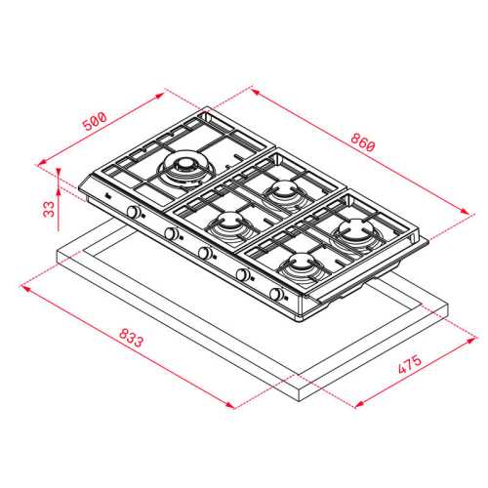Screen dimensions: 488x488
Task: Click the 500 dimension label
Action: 95,121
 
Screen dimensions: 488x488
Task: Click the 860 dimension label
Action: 363,142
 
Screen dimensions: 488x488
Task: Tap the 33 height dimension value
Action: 49,209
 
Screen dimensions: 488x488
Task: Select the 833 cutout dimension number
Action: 131,338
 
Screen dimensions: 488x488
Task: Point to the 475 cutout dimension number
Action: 410,364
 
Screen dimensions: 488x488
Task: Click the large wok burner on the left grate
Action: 185,169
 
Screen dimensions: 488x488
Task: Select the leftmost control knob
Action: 133,212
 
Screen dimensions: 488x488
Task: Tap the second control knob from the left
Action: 171,233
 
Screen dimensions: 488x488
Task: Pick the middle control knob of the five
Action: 205,253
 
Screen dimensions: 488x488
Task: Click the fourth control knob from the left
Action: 242,274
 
